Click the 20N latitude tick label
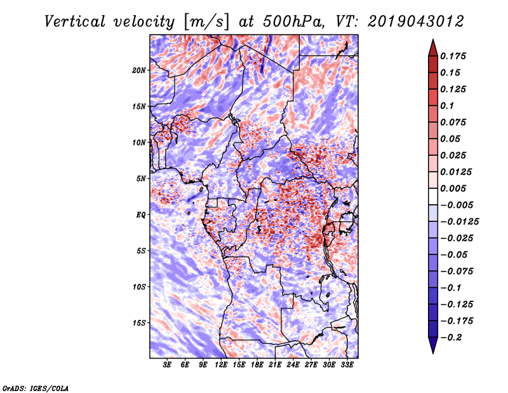139,70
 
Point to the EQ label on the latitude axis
140,214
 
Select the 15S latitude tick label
139,323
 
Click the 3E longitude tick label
168,366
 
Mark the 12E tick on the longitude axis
222,366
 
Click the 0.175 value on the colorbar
454,56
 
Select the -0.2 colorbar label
451,337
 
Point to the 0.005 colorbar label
454,188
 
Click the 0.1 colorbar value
448,106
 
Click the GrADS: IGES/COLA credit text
35,387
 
